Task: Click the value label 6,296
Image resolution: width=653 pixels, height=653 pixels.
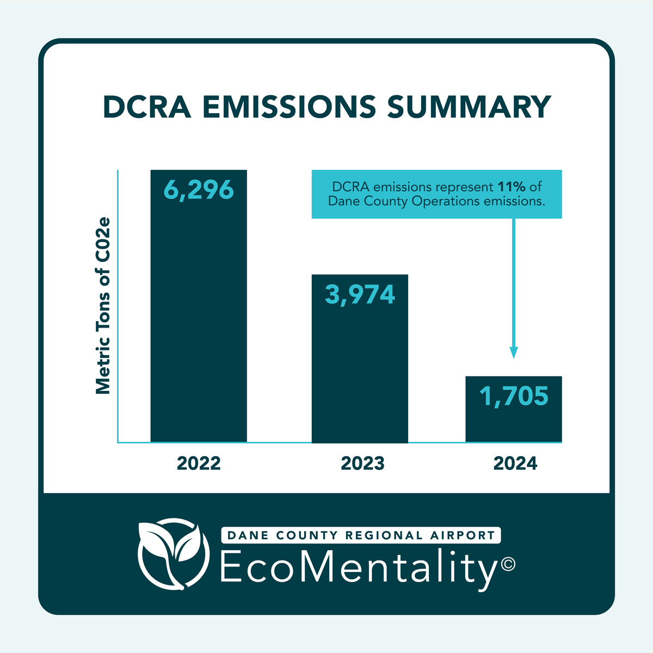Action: click(x=199, y=190)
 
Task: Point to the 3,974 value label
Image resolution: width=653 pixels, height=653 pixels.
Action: click(x=360, y=294)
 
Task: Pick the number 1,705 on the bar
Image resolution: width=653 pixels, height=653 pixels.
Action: click(x=514, y=396)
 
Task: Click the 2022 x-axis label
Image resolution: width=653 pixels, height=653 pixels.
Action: click(x=199, y=464)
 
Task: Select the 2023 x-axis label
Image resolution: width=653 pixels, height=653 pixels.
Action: click(x=362, y=464)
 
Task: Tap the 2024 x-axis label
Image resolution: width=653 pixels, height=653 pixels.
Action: click(x=515, y=464)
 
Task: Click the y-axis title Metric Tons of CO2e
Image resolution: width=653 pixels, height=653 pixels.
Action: click(x=103, y=306)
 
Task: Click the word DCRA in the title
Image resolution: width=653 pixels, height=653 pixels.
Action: click(x=147, y=107)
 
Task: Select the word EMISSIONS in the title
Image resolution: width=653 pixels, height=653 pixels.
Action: click(x=289, y=107)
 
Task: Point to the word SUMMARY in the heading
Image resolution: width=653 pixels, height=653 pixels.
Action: click(x=469, y=107)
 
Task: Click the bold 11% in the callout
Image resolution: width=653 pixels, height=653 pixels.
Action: click(x=511, y=187)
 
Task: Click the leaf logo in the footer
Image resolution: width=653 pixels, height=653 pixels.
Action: click(x=173, y=556)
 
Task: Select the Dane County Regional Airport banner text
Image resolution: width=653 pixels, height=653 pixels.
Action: click(x=361, y=535)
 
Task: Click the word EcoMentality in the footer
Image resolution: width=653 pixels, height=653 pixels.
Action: click(x=359, y=568)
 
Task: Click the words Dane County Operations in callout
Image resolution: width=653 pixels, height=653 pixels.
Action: click(x=403, y=201)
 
